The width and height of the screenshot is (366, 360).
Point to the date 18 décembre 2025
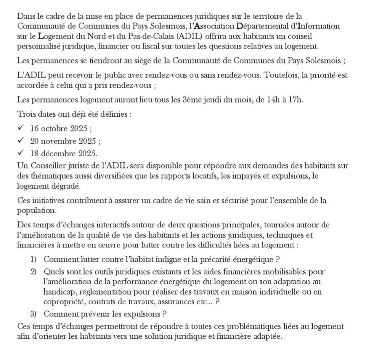click(x=64, y=154)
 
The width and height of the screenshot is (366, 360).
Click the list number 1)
click(x=34, y=259)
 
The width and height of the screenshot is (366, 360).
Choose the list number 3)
click(x=34, y=314)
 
